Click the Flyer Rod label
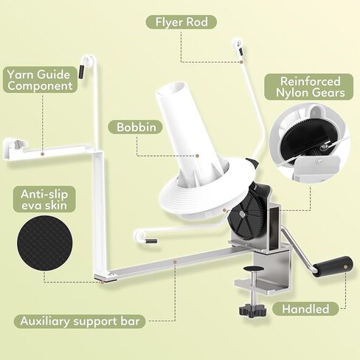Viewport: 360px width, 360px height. coord(181,22)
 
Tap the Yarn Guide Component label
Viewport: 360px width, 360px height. coord(40,80)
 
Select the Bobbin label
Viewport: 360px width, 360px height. coord(136,127)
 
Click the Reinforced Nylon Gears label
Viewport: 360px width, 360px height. coord(309,87)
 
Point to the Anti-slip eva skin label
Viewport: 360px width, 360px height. coord(44,199)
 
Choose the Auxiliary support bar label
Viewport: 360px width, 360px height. coord(80,321)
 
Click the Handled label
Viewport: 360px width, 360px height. coord(305,309)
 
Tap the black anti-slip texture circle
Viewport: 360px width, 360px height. coord(45,243)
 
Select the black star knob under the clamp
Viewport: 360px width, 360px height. coord(252,311)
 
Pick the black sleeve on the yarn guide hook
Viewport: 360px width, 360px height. coord(81,72)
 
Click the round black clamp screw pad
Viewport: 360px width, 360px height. coord(254,269)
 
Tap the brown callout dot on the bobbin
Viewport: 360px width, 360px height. coord(197,156)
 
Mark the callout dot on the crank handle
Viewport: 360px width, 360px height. coord(345,266)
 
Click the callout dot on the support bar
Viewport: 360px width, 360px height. coord(175,262)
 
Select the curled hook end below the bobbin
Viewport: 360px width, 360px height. coord(139,237)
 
